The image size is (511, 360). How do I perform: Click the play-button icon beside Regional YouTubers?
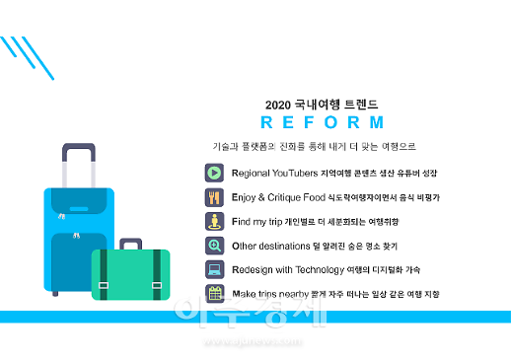point(214,173)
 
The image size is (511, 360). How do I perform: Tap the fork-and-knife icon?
point(214,197)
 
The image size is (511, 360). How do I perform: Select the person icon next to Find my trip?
point(214,221)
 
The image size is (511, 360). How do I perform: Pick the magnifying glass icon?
point(214,246)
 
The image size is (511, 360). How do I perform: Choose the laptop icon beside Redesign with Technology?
point(214,269)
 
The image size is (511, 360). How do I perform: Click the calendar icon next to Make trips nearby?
point(214,294)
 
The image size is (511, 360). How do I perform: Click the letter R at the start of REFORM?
point(265,123)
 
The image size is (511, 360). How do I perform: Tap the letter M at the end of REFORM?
point(375,123)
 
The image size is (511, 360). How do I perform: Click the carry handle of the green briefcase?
point(130,243)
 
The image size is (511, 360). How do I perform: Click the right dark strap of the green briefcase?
point(156,275)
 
